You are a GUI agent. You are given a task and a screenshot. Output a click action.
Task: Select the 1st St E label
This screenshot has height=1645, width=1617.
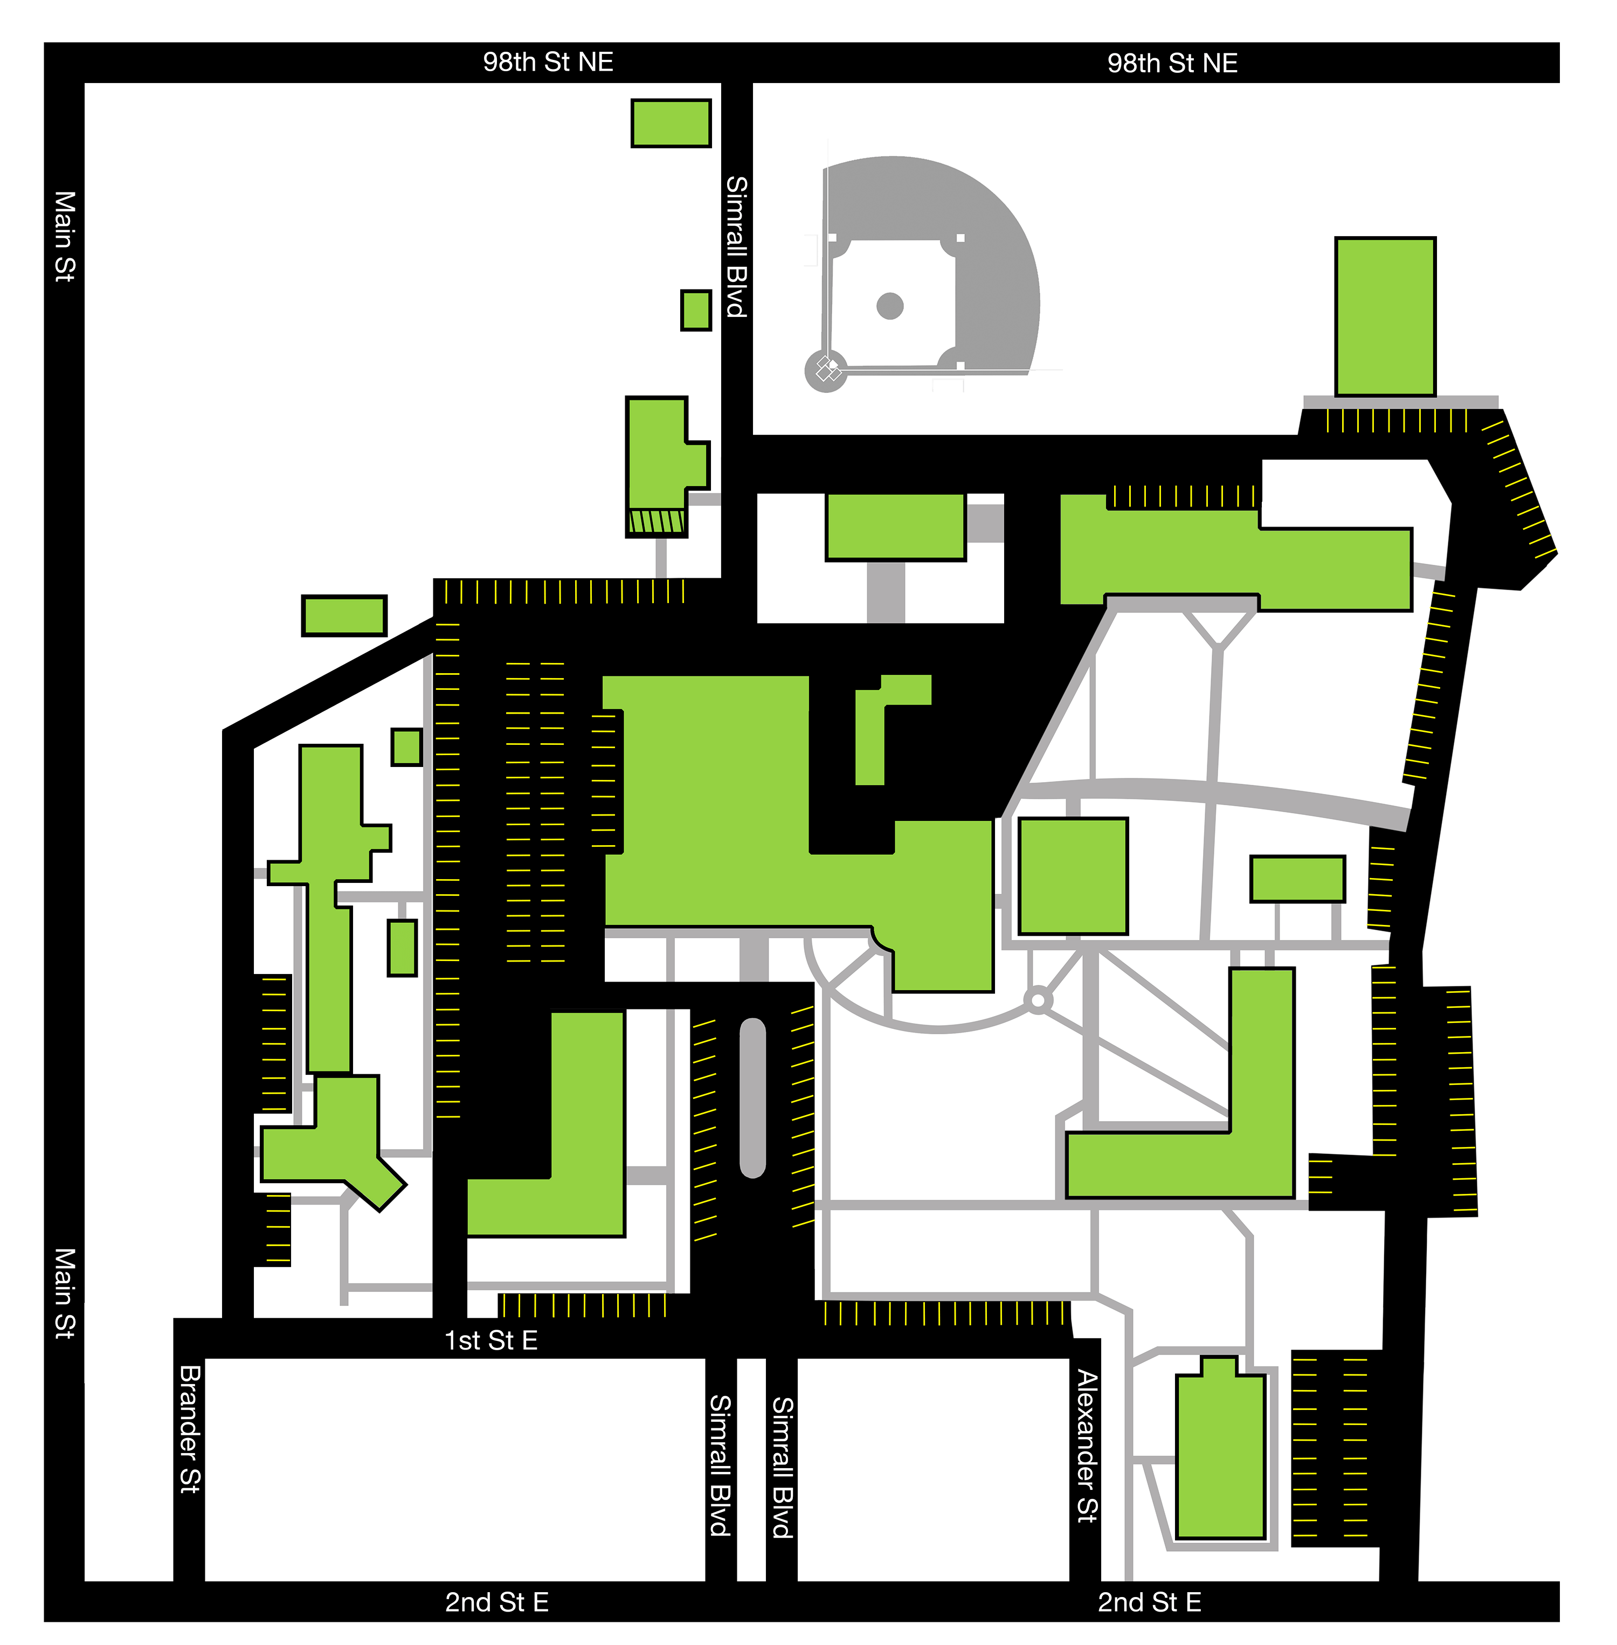491,1340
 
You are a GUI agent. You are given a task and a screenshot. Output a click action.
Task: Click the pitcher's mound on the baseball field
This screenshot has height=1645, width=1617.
889,306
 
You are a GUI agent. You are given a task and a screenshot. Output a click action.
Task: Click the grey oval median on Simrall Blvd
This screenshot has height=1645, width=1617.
752,1097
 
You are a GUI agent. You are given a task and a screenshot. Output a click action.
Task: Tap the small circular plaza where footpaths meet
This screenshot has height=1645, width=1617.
1037,1000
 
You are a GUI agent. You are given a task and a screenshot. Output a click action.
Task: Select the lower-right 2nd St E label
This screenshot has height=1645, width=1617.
1149,1602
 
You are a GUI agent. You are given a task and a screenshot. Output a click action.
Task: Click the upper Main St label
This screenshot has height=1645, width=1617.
65,236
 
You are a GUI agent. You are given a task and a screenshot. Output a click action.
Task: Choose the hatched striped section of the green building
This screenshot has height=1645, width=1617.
655,521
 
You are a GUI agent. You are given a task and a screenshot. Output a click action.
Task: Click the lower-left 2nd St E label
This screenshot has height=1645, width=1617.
497,1602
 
